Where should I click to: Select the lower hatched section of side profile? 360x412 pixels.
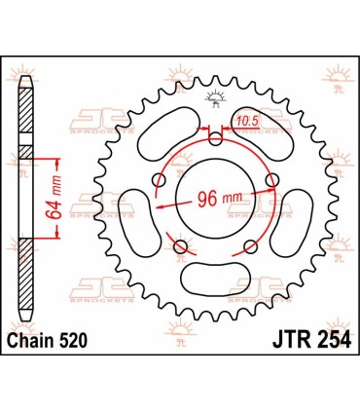24,293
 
